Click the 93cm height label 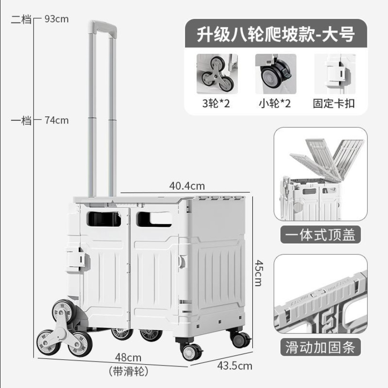(57, 19)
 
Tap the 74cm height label (57, 120)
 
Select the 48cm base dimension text (128, 358)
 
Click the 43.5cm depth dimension (234, 366)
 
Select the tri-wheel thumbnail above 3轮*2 (217, 74)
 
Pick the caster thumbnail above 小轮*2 (275, 74)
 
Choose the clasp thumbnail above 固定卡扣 (334, 74)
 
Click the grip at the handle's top (103, 27)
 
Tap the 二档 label (21, 19)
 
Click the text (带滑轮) (128, 371)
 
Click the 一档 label (21, 120)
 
